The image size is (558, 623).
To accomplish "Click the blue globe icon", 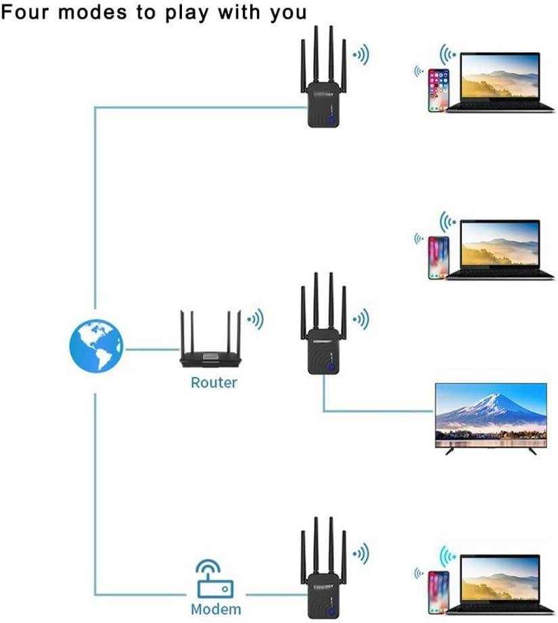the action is (x=96, y=346).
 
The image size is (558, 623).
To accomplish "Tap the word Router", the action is (x=214, y=383).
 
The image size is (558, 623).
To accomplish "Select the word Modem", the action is (x=216, y=609).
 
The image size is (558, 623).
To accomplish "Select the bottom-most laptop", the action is (x=500, y=584).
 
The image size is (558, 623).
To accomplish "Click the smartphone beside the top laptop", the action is (x=438, y=91).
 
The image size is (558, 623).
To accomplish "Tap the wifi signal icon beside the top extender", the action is (x=362, y=55).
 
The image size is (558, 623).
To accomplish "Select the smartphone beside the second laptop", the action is (x=438, y=258).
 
